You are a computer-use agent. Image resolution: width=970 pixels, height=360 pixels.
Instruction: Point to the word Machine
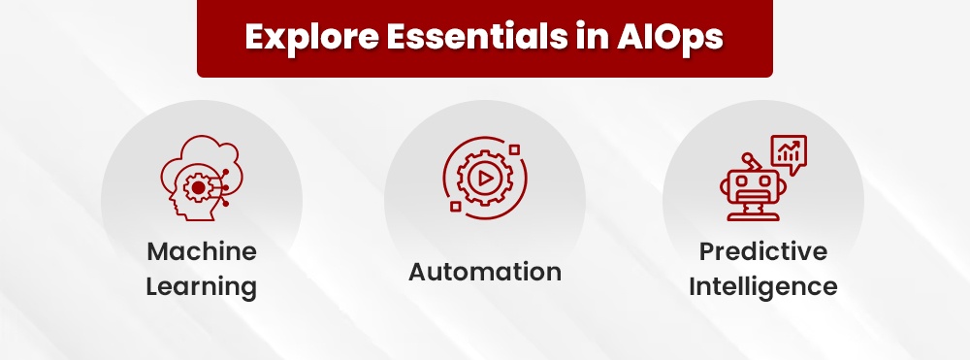tap(202, 252)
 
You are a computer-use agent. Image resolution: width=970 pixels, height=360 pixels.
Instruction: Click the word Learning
tap(202, 287)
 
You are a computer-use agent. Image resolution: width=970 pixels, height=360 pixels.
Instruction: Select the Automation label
tap(485, 272)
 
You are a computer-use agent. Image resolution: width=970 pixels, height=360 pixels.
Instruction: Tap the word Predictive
tap(763, 252)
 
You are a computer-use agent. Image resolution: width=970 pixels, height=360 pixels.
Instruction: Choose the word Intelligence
tap(763, 287)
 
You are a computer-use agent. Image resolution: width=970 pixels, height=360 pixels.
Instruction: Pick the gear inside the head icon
tap(199, 186)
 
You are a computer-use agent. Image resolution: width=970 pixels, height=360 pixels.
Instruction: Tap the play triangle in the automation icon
tap(482, 179)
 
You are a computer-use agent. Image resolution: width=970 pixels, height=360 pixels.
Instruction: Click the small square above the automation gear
tap(514, 148)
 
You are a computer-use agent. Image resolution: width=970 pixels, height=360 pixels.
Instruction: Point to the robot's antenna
tap(746, 156)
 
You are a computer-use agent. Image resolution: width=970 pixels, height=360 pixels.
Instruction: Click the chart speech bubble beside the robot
tap(788, 152)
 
